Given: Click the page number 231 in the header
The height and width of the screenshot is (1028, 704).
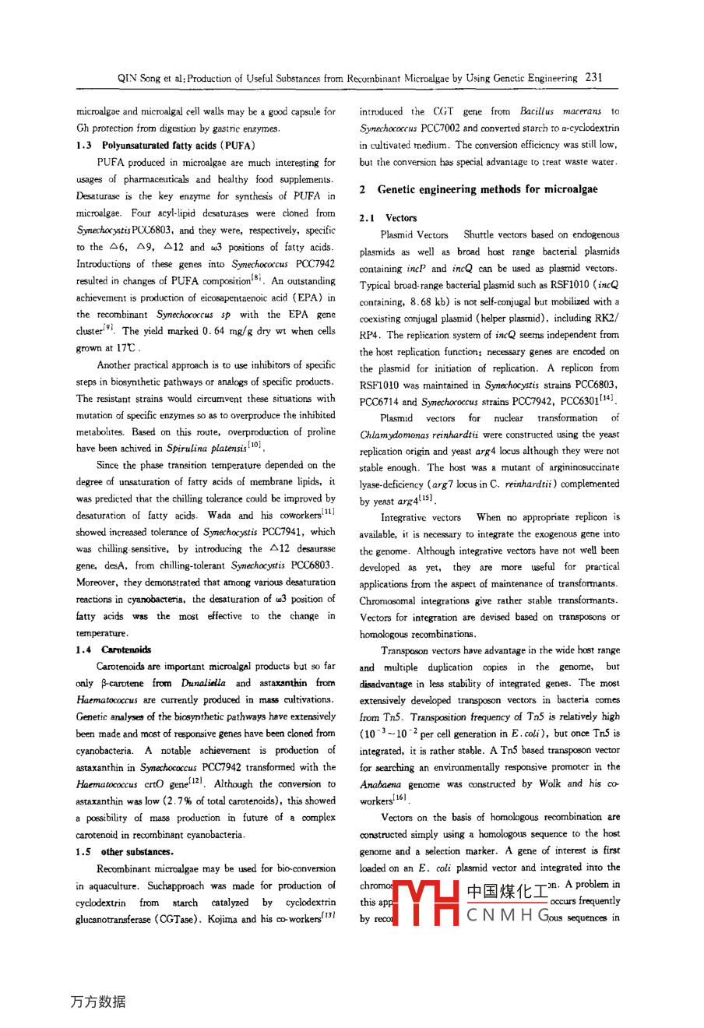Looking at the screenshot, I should (594, 77).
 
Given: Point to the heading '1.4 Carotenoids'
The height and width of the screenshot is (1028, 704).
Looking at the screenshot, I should (114, 650).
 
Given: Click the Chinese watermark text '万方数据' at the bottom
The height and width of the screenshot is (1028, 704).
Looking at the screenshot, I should (97, 1002).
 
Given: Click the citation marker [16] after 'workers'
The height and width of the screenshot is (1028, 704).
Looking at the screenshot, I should (400, 798).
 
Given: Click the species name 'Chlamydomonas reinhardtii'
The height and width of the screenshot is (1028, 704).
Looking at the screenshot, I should (419, 435).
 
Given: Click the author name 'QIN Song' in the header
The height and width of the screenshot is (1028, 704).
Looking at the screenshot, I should (137, 78).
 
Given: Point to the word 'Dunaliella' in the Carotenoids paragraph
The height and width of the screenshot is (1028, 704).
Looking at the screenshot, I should (204, 683).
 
